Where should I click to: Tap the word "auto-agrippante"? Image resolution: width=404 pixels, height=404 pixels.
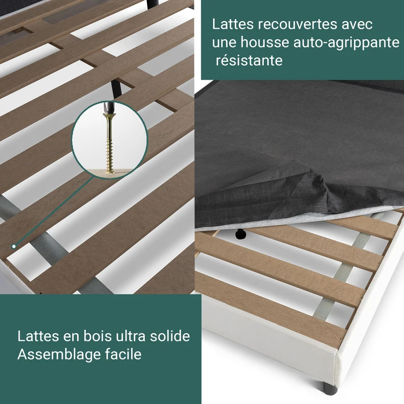click(346, 42)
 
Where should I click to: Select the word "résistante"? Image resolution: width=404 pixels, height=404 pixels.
click(249, 61)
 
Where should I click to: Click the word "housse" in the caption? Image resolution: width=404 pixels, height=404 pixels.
click(265, 42)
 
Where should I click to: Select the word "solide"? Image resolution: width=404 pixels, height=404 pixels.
click(170, 336)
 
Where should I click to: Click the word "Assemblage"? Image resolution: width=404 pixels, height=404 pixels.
click(59, 355)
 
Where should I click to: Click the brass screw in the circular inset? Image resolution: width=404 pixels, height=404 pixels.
click(110, 144)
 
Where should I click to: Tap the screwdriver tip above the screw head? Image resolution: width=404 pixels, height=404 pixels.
click(108, 108)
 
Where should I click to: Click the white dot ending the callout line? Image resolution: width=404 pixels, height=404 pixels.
click(14, 246)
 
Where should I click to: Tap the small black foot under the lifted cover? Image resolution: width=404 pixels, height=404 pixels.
click(241, 234)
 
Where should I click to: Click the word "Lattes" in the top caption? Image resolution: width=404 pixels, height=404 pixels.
click(233, 24)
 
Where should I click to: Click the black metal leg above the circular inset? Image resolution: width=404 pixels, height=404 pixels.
click(117, 89)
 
